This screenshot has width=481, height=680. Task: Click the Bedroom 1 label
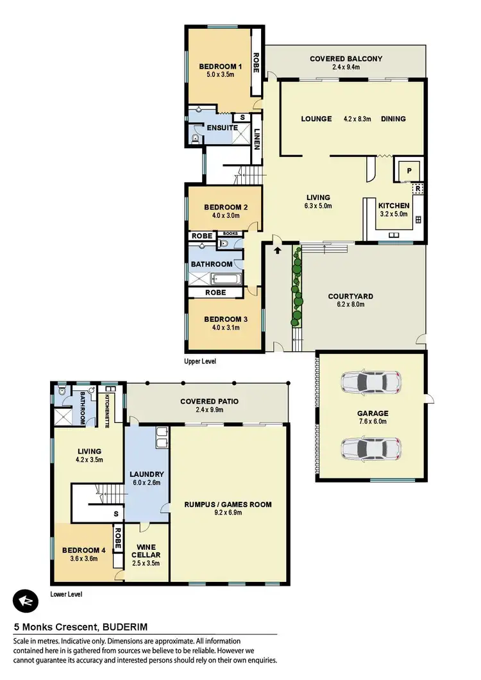[x=220, y=66]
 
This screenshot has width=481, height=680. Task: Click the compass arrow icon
[x=26, y=601]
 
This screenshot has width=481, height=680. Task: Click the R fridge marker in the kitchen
[x=417, y=189]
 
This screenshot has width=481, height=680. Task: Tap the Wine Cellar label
[x=146, y=551]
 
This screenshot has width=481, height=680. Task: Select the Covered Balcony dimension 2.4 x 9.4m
[x=346, y=67]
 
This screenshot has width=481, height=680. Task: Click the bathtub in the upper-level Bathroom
[x=225, y=279]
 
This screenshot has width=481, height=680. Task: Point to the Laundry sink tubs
[x=160, y=440]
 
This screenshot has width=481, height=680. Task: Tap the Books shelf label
[x=230, y=234]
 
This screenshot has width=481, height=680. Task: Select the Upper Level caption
[x=199, y=361]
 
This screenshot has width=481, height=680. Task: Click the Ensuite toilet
[x=194, y=138]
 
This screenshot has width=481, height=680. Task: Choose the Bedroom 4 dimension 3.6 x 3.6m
[x=83, y=558]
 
